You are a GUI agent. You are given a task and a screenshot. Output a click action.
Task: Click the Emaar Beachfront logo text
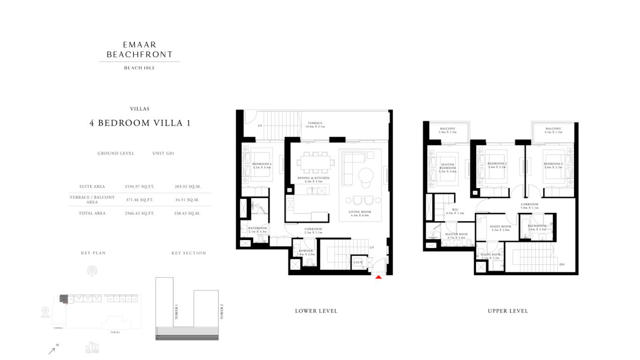click(140, 50)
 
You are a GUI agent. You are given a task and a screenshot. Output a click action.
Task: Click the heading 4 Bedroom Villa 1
click(140, 123)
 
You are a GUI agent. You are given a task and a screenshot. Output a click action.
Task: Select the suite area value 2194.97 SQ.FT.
click(140, 187)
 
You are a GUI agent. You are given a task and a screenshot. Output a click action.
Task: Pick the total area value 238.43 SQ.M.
click(187, 213)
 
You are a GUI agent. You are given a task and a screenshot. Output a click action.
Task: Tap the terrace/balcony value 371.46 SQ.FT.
click(140, 200)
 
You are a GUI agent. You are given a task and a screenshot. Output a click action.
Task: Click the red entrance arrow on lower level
click(379, 277)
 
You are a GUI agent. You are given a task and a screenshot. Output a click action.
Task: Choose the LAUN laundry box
click(358, 262)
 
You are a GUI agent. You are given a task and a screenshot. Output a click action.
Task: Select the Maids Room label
click(500, 228)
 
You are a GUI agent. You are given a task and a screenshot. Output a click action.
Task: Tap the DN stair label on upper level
click(562, 265)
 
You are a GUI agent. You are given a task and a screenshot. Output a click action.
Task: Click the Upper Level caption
click(507, 311)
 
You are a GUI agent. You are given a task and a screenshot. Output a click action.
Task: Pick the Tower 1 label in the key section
click(177, 312)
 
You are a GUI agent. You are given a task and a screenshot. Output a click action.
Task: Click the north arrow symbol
click(52, 351)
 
